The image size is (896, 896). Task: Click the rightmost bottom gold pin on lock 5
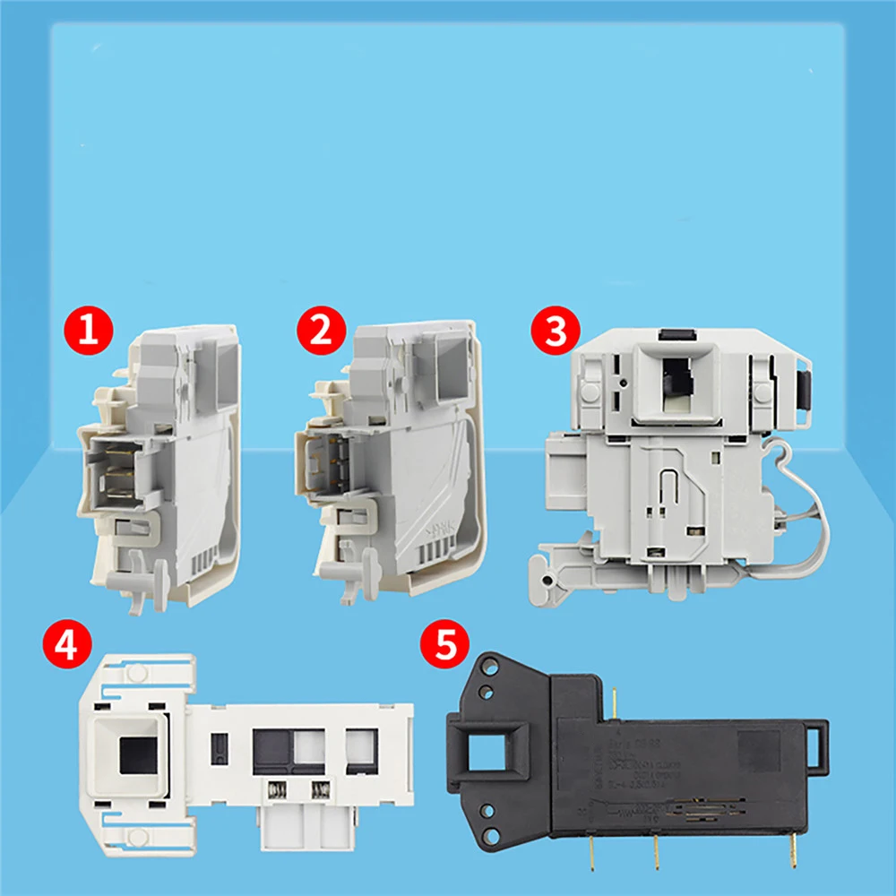(x=792, y=848)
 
